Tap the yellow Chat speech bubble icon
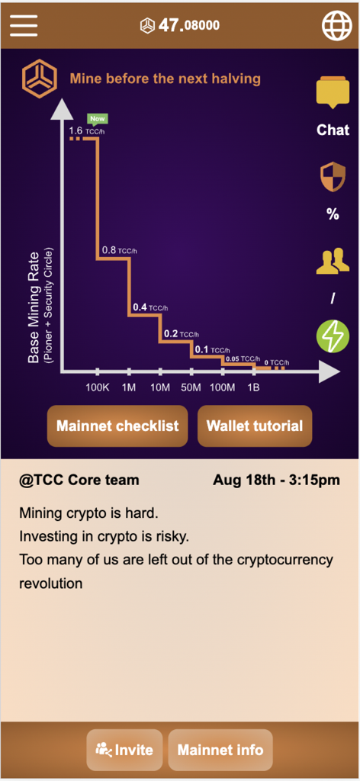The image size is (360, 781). pos(333,93)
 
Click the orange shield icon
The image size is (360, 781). pos(333,177)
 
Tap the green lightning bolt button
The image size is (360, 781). pos(333,336)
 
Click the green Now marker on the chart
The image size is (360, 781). pos(97,118)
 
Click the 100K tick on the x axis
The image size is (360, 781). pos(98,387)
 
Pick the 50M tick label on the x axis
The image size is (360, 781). pos(191,387)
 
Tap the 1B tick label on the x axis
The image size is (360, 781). pos(253,387)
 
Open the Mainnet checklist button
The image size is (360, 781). pos(117,426)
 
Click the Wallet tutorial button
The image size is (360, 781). pos(255,426)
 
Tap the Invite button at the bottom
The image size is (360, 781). pos(124,749)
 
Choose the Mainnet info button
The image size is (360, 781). pos(220,749)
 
